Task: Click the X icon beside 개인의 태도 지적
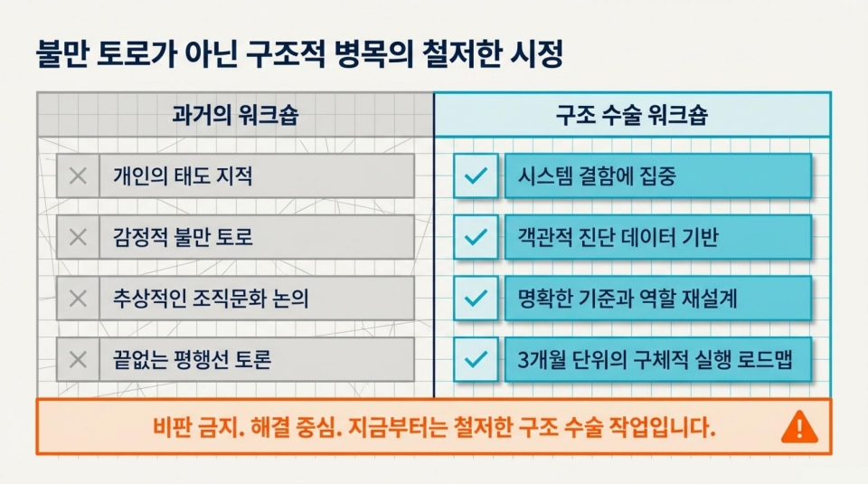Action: (x=78, y=176)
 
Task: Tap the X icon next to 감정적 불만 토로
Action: (x=78, y=238)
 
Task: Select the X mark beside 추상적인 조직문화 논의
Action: (x=78, y=299)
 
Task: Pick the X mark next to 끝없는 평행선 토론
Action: (x=78, y=360)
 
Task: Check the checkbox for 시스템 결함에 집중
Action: (x=476, y=176)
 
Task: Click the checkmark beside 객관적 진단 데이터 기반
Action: (x=476, y=238)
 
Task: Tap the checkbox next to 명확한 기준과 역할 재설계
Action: (x=476, y=299)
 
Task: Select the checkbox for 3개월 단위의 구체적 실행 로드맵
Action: (x=476, y=360)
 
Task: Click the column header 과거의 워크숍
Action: (x=235, y=116)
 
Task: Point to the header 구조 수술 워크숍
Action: (x=631, y=116)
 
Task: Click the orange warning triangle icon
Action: (x=798, y=425)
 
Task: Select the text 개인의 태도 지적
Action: (x=183, y=176)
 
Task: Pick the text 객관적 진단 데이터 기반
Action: (x=618, y=238)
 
